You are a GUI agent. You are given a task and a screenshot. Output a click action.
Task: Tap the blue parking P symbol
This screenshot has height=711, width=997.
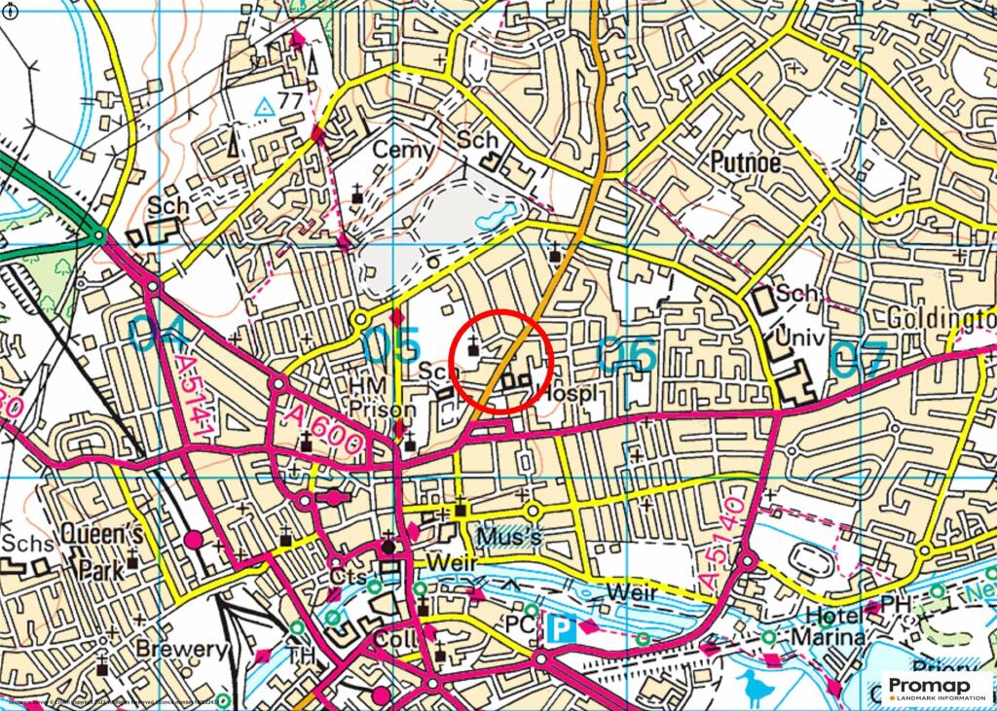click(560, 627)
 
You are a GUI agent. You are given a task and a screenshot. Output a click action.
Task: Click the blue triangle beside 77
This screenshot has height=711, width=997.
click(263, 107)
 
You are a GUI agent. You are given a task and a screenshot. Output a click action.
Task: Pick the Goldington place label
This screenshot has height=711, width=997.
click(941, 320)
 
